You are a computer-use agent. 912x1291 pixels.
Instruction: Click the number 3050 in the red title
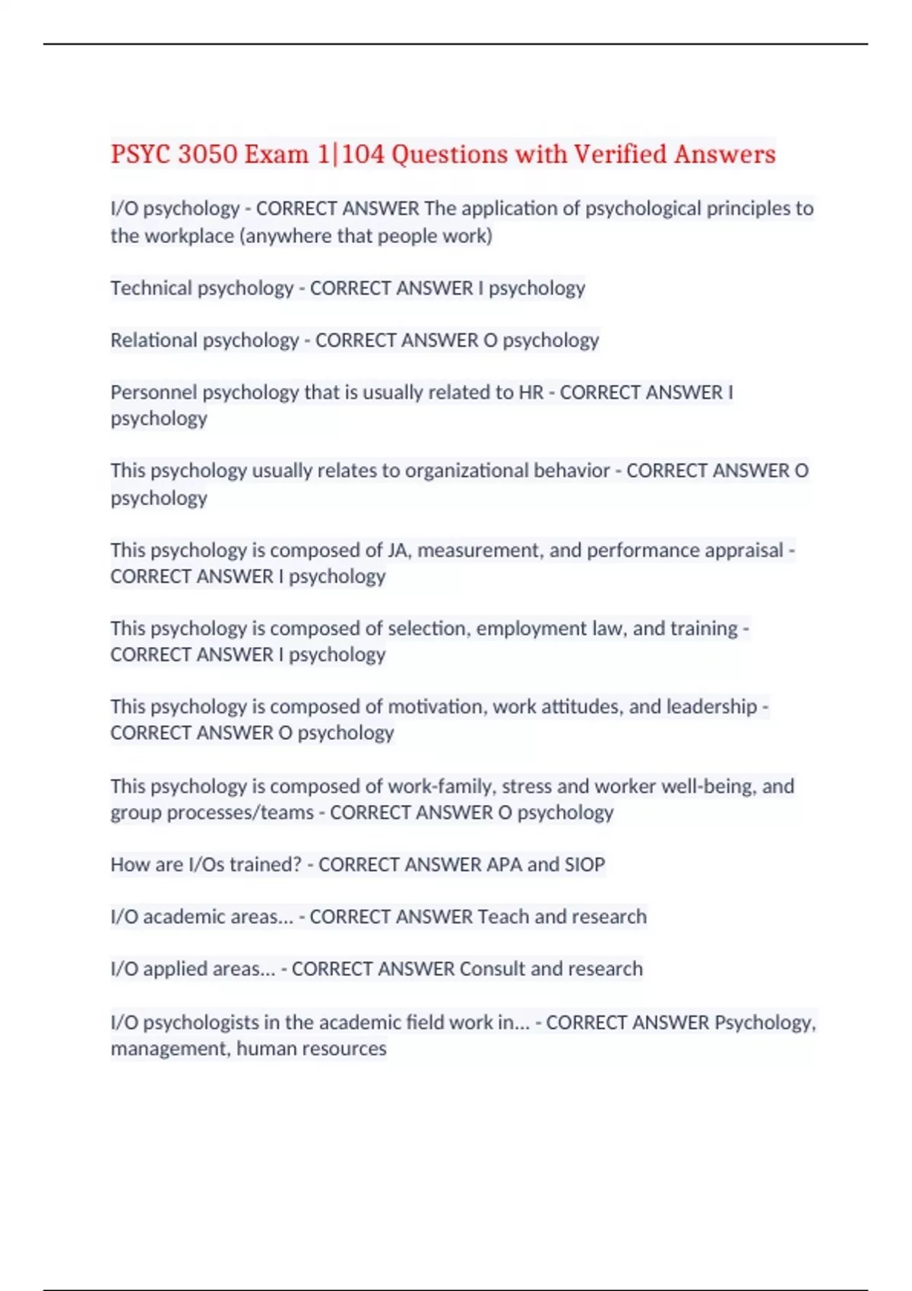(207, 154)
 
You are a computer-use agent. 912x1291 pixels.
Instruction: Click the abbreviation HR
(530, 393)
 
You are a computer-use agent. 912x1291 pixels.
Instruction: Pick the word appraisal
(743, 550)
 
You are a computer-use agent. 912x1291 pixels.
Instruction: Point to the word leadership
(711, 707)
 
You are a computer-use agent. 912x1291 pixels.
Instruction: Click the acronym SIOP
(584, 865)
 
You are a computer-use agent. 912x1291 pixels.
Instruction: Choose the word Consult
(492, 969)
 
